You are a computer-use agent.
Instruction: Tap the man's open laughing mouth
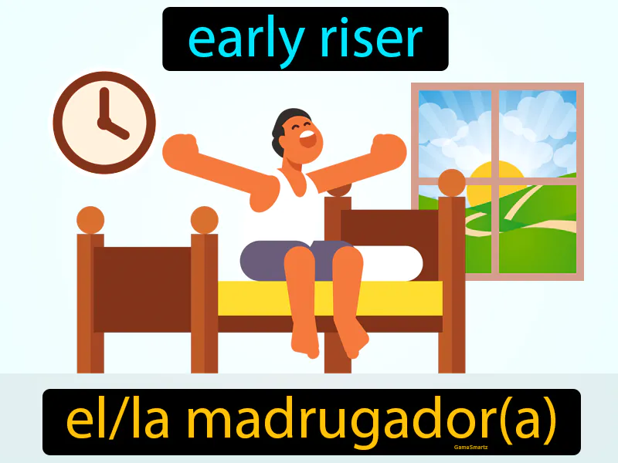coord(307,140)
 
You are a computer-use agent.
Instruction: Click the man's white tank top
coord(297,208)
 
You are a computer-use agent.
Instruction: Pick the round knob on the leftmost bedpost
coord(90,220)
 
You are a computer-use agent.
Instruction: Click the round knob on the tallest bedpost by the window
coord(451,183)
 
